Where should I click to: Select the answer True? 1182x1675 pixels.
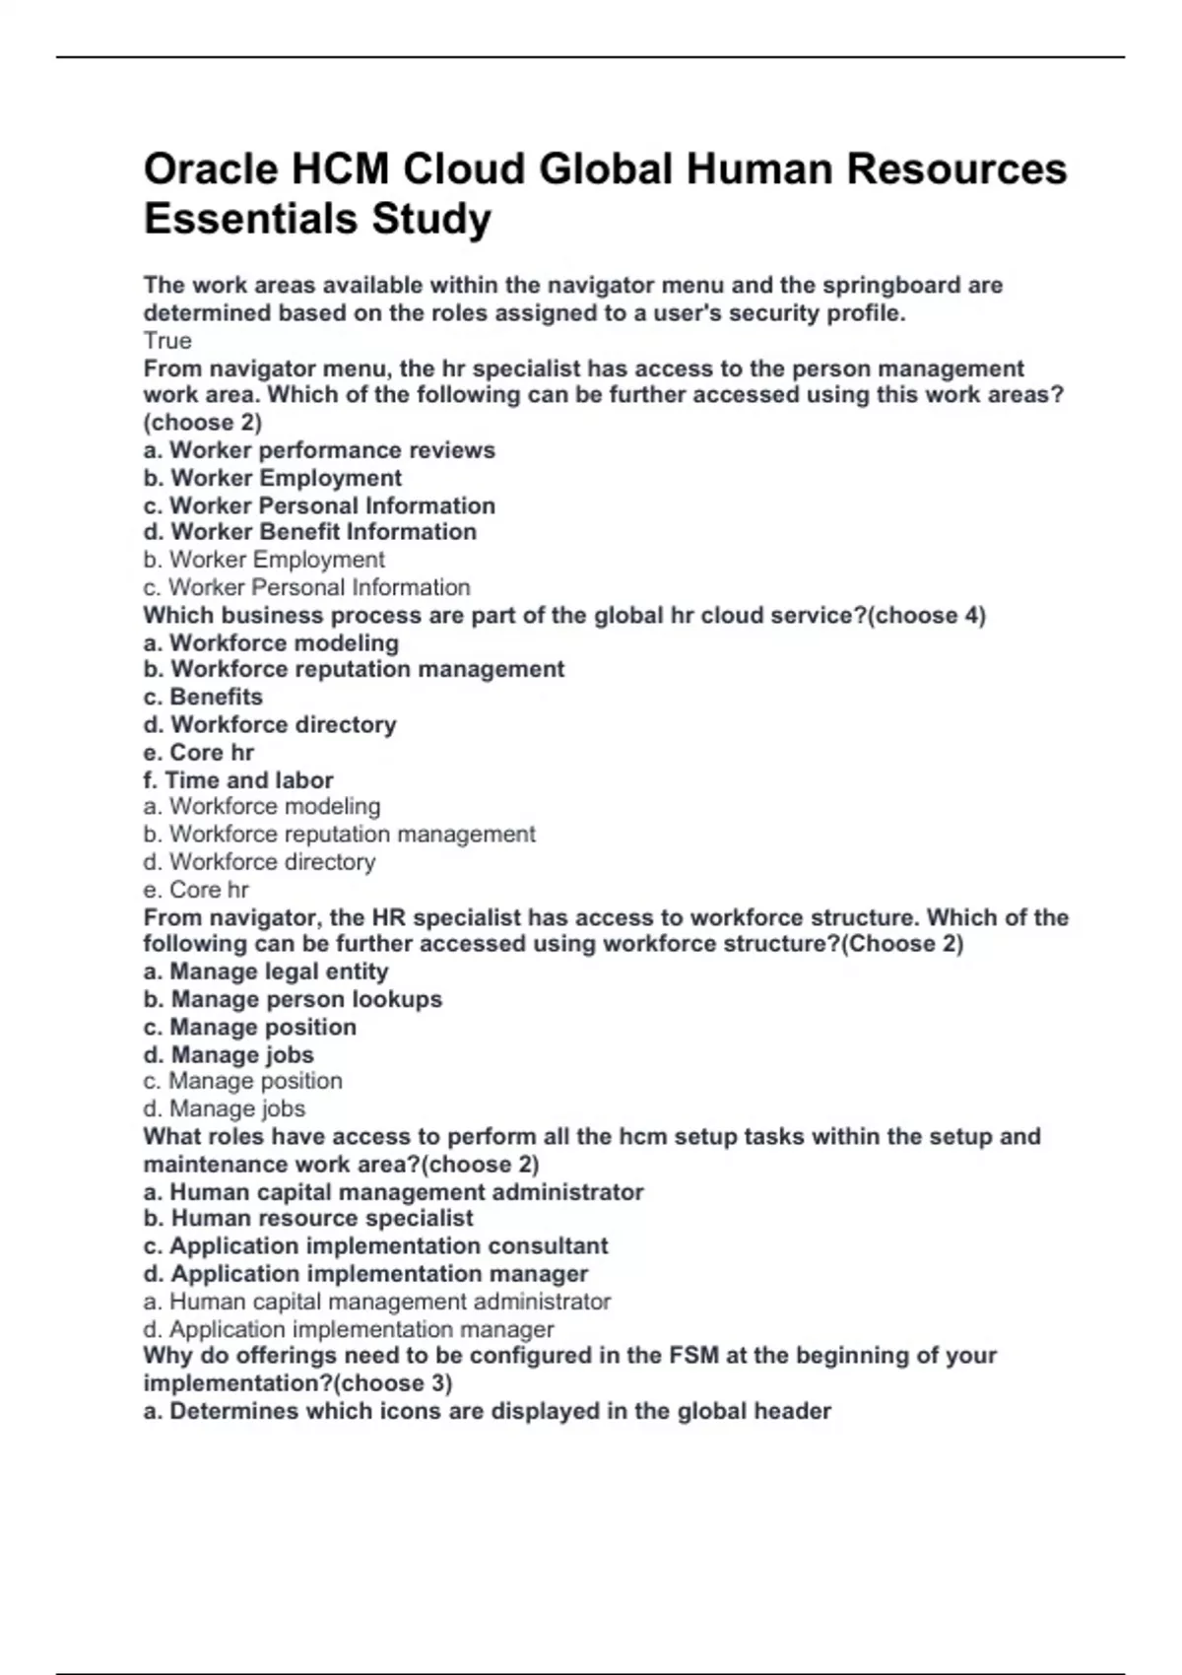tap(167, 341)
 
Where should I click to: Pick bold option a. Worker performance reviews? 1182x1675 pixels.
tap(319, 450)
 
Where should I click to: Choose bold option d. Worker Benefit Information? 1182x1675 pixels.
tap(309, 532)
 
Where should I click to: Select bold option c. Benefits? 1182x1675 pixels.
tap(203, 697)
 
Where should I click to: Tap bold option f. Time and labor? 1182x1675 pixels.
tap(237, 780)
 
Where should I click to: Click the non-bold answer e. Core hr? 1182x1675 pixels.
tap(195, 890)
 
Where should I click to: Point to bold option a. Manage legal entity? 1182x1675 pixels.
tap(266, 971)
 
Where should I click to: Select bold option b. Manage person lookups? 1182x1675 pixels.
tap(293, 999)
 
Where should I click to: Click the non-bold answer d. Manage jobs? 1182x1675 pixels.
tap(224, 1108)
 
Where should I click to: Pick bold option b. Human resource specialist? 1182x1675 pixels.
tap(308, 1218)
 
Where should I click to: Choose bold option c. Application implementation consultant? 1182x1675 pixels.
tap(375, 1245)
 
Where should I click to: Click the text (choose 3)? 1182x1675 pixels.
tap(393, 1383)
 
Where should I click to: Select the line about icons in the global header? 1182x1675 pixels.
tap(487, 1411)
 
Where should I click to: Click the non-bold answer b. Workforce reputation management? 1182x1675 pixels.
tap(339, 835)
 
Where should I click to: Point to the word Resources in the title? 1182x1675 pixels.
tap(956, 169)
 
